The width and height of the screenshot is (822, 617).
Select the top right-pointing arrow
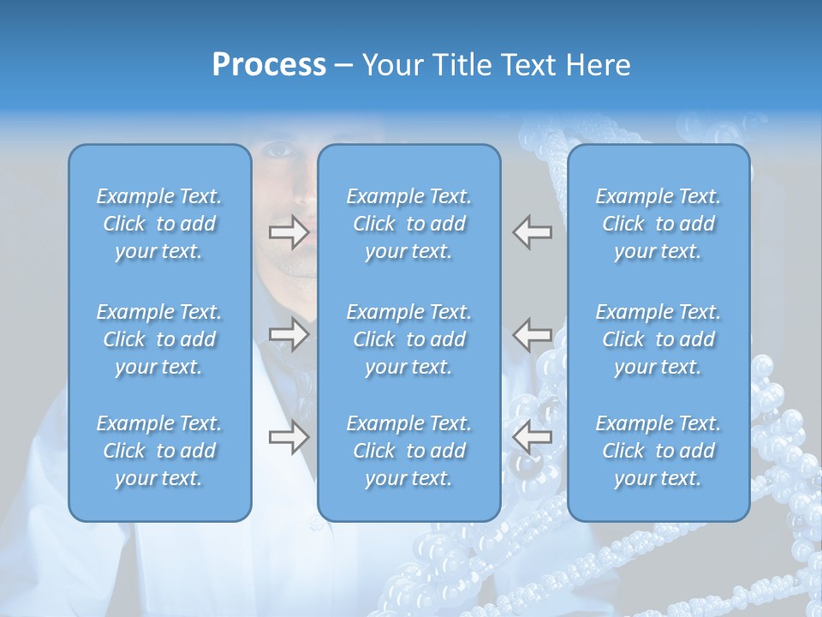tap(289, 232)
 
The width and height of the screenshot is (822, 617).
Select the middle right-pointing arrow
tap(289, 334)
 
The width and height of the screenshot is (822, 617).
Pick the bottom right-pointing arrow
tap(289, 437)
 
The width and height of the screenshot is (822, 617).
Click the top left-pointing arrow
tap(532, 232)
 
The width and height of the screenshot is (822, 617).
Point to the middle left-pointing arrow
tap(532, 334)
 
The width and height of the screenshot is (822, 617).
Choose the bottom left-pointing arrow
tap(532, 437)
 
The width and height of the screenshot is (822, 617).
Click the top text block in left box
tap(159, 224)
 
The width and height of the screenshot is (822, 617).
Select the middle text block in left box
tap(159, 339)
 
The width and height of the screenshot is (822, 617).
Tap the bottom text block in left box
tap(159, 451)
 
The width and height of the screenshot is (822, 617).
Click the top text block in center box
tap(408, 224)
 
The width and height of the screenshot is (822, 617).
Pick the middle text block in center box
tap(408, 339)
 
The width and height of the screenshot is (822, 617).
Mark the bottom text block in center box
tap(408, 451)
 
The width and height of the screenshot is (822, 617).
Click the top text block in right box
tap(658, 224)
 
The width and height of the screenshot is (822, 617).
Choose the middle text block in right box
tap(658, 339)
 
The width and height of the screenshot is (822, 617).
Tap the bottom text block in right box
tap(658, 451)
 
